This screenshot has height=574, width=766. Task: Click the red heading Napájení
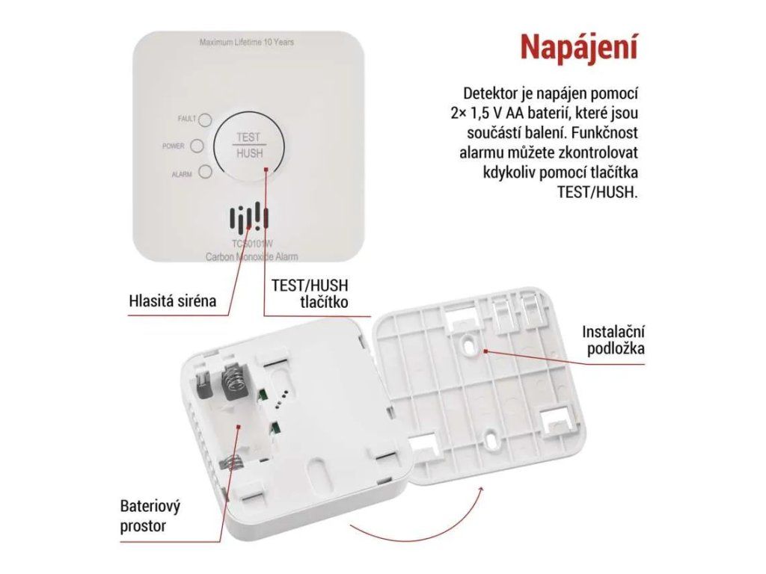579,48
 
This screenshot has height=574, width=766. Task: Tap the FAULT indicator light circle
205,120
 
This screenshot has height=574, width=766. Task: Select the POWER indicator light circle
197,146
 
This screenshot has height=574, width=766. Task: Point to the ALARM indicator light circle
205,172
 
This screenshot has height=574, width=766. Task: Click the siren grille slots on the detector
249,218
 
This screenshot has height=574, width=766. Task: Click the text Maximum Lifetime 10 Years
247,43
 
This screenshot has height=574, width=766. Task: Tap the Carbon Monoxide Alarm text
251,257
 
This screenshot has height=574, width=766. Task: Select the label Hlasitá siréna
173,300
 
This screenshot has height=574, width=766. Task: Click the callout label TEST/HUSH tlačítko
310,293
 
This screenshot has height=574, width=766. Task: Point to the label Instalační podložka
613,340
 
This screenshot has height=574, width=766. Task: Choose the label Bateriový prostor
150,516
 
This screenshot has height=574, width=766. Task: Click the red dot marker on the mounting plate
485,351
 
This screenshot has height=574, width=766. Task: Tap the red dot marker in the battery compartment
239,427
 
